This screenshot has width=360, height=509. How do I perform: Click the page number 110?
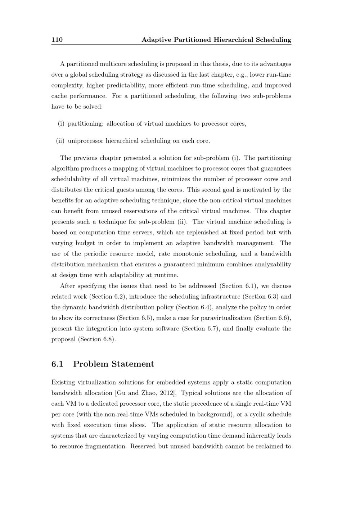point(57,40)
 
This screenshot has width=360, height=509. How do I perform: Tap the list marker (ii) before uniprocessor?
point(60,141)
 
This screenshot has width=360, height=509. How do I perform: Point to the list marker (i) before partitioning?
point(61,124)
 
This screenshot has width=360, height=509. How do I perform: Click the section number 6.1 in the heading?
point(57,364)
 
